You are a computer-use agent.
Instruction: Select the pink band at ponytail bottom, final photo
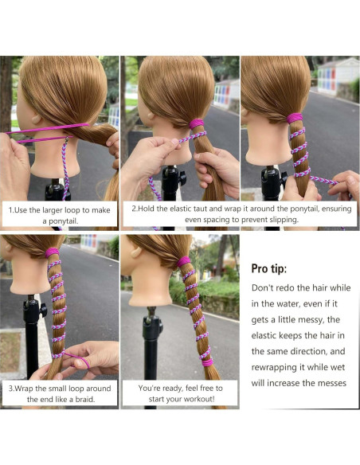click(x=207, y=362)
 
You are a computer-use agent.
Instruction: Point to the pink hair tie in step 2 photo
click(x=197, y=123)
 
